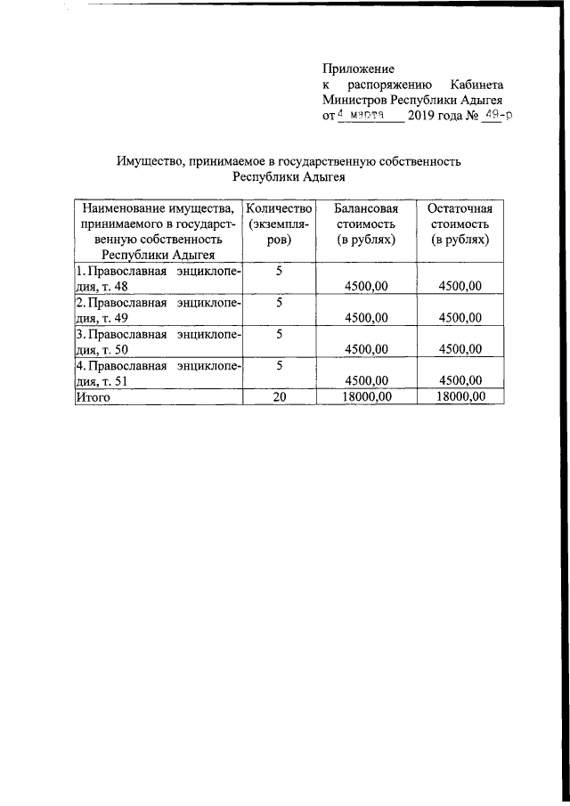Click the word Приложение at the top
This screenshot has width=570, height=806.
(358, 68)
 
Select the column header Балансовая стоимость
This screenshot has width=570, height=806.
(366, 224)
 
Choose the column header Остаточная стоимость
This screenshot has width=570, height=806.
(460, 224)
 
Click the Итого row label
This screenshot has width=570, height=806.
(93, 397)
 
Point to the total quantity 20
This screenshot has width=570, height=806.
(279, 397)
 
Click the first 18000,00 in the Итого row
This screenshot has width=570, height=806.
(366, 397)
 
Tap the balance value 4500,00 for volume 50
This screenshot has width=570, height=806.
(366, 349)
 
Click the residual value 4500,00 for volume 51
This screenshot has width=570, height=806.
(460, 380)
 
